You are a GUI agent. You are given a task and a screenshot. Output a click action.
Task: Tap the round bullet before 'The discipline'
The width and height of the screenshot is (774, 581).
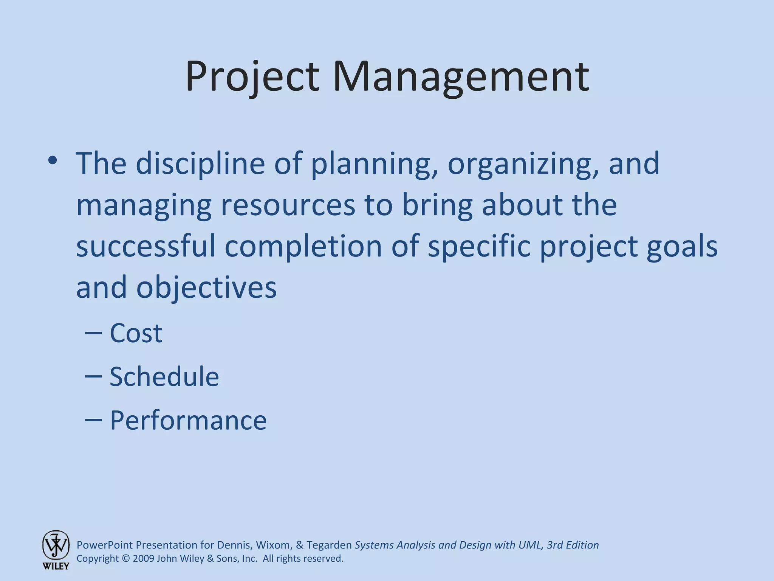(53, 160)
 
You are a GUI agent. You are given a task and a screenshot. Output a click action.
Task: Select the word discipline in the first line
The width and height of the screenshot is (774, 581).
(200, 163)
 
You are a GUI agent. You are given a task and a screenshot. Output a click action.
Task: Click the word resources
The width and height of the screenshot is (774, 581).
(288, 205)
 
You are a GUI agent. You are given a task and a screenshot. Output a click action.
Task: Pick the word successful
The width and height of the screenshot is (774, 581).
(146, 246)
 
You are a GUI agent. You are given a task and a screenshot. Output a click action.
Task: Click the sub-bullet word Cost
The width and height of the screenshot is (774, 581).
(136, 333)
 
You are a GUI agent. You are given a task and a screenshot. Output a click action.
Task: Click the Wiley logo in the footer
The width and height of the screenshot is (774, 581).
(56, 549)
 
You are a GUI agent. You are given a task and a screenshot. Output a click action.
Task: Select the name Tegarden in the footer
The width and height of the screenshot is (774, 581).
(329, 545)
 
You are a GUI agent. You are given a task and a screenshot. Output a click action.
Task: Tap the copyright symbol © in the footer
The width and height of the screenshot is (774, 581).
(126, 559)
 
